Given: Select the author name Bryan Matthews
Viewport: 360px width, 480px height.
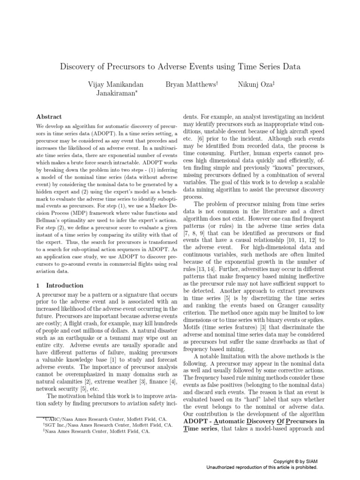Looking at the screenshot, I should pyautogui.click(x=192, y=84).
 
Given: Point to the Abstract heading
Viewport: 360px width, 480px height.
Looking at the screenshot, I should pyautogui.click(x=49, y=116).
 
